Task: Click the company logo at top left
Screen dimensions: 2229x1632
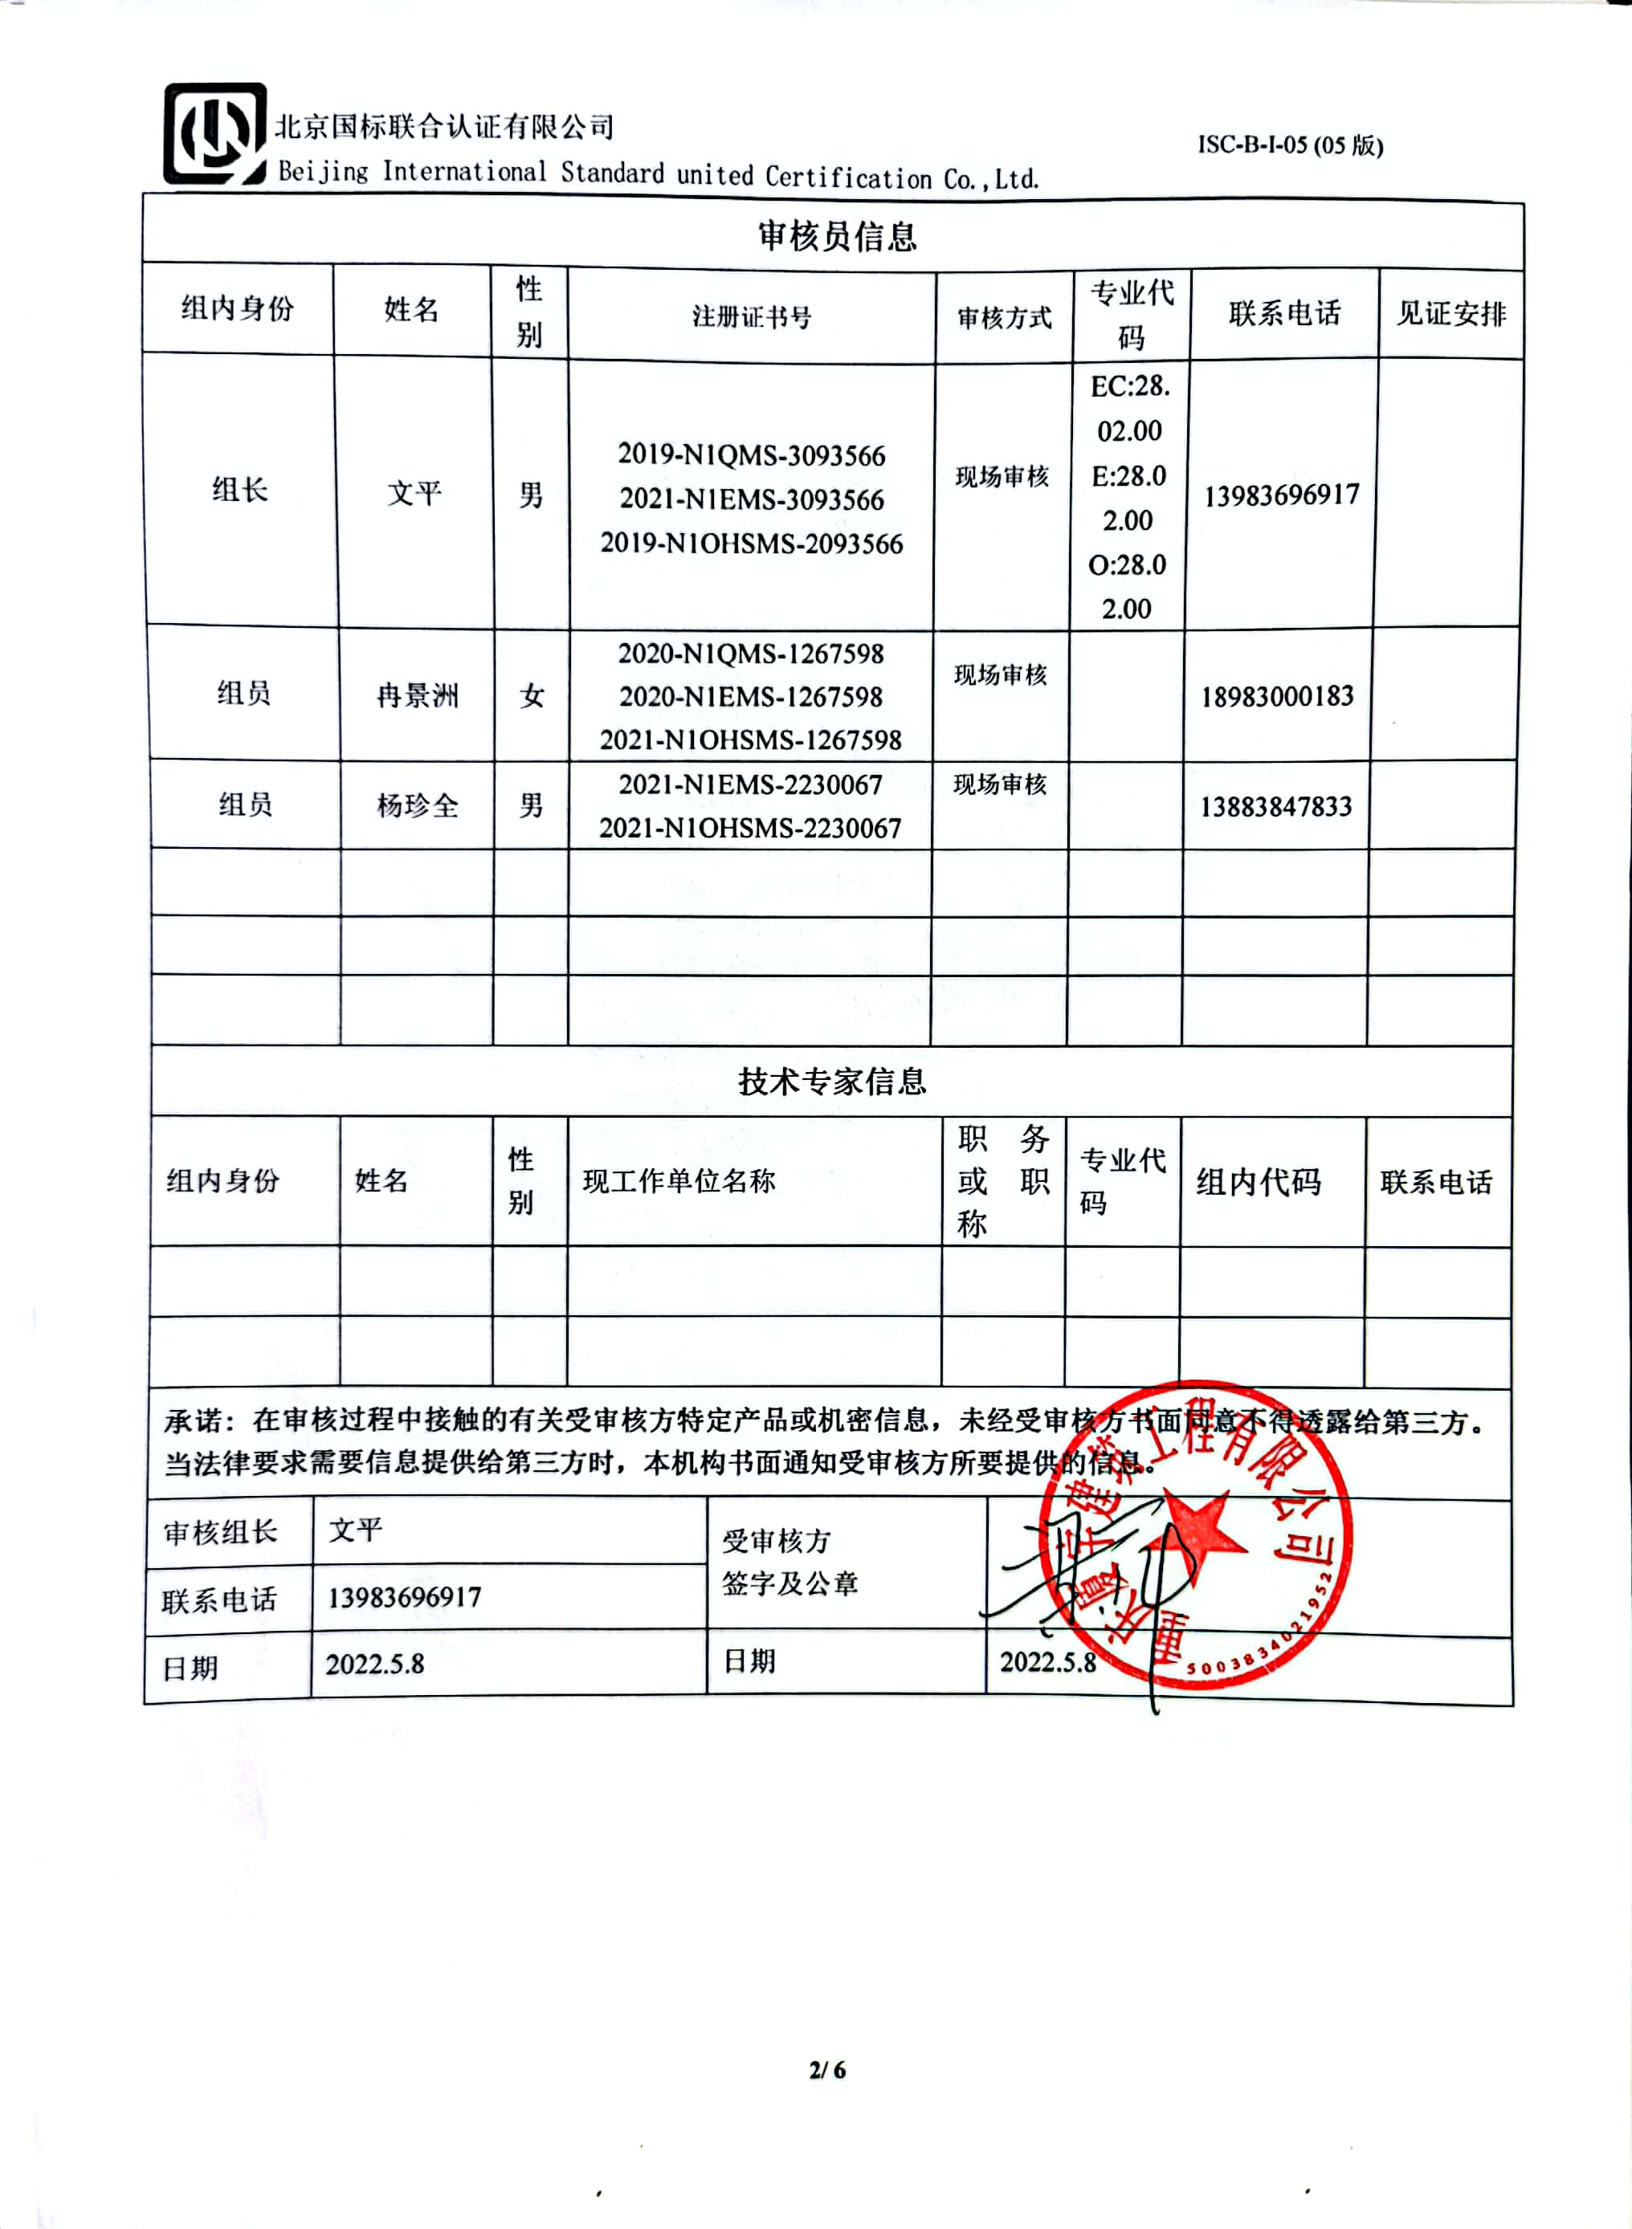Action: pyautogui.click(x=214, y=133)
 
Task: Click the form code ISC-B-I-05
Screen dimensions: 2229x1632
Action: pyautogui.click(x=1289, y=145)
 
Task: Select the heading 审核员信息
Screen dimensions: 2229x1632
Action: pyautogui.click(x=837, y=236)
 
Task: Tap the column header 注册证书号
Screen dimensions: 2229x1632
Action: pyautogui.click(x=751, y=317)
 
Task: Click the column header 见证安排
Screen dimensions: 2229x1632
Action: pyautogui.click(x=1450, y=314)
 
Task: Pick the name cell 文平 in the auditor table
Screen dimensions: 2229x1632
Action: pyautogui.click(x=414, y=492)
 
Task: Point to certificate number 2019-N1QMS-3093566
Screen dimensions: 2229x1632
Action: pyautogui.click(x=751, y=454)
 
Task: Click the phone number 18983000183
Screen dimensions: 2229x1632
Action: pyautogui.click(x=1276, y=696)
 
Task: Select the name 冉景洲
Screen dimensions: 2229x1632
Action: pyautogui.click(x=417, y=696)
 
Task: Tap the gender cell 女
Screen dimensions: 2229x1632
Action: pyautogui.click(x=532, y=696)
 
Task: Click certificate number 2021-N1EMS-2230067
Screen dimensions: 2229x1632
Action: pyautogui.click(x=750, y=784)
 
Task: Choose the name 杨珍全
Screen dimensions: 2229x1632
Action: pyautogui.click(x=417, y=806)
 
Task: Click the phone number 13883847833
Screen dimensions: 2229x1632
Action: pyautogui.click(x=1275, y=807)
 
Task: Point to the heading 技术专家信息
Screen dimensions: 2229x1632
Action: pyautogui.click(x=832, y=1082)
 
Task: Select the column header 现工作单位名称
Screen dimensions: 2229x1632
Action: pyautogui.click(x=679, y=1181)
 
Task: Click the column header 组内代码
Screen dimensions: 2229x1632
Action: pyautogui.click(x=1258, y=1182)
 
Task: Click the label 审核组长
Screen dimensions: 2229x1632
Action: pyautogui.click(x=220, y=1532)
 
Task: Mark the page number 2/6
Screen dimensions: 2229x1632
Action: pyautogui.click(x=827, y=2069)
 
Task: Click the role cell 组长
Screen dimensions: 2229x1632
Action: pyautogui.click(x=240, y=489)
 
